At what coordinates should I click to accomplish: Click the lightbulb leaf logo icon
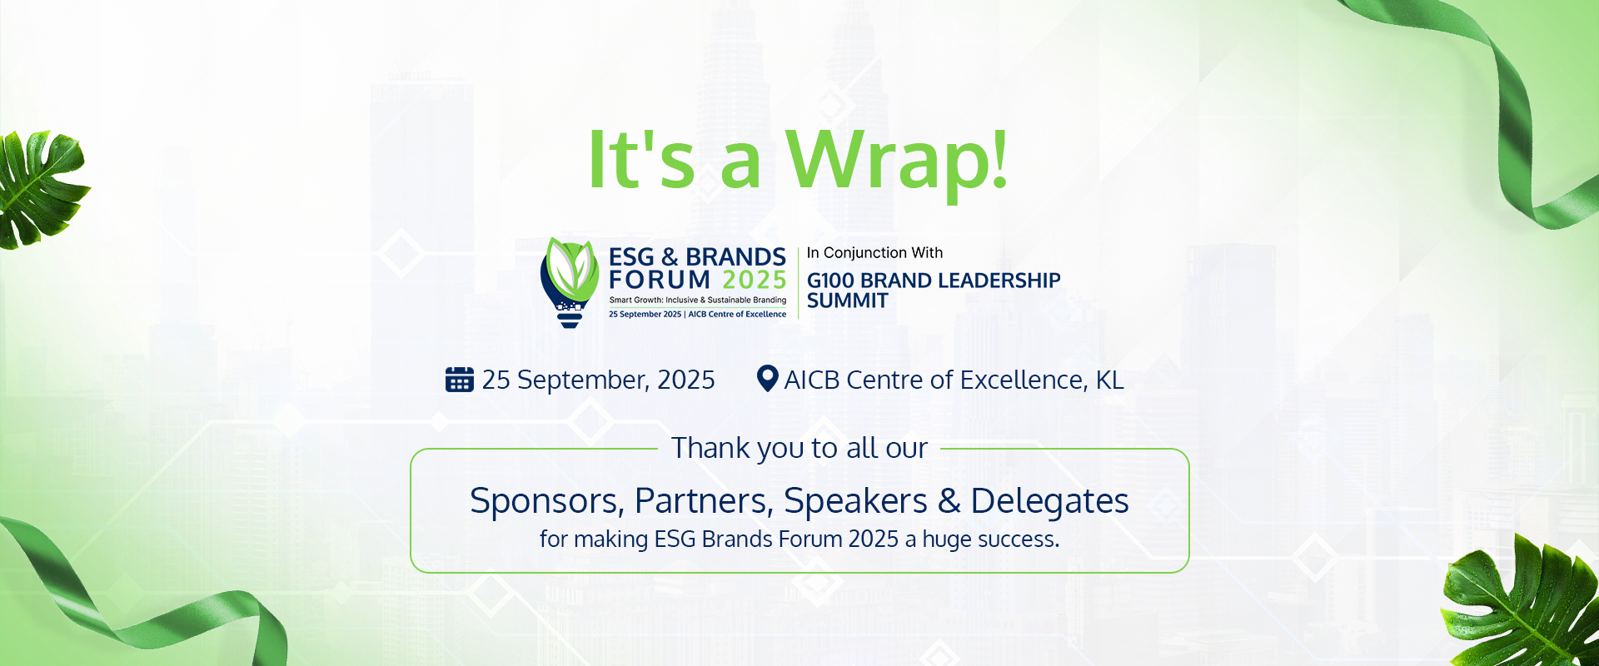click(570, 282)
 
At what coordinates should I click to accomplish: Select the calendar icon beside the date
click(460, 379)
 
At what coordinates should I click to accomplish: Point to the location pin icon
click(767, 379)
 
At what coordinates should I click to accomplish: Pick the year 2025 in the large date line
click(686, 380)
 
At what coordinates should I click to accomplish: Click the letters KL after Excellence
click(1109, 380)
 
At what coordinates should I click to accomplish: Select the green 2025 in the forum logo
click(755, 280)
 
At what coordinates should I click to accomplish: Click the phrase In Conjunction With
click(874, 252)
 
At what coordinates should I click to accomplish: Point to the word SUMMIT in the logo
click(848, 301)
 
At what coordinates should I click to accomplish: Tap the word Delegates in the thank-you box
click(1050, 501)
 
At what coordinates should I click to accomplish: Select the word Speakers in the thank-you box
click(855, 501)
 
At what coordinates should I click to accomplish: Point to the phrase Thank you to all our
click(799, 448)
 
